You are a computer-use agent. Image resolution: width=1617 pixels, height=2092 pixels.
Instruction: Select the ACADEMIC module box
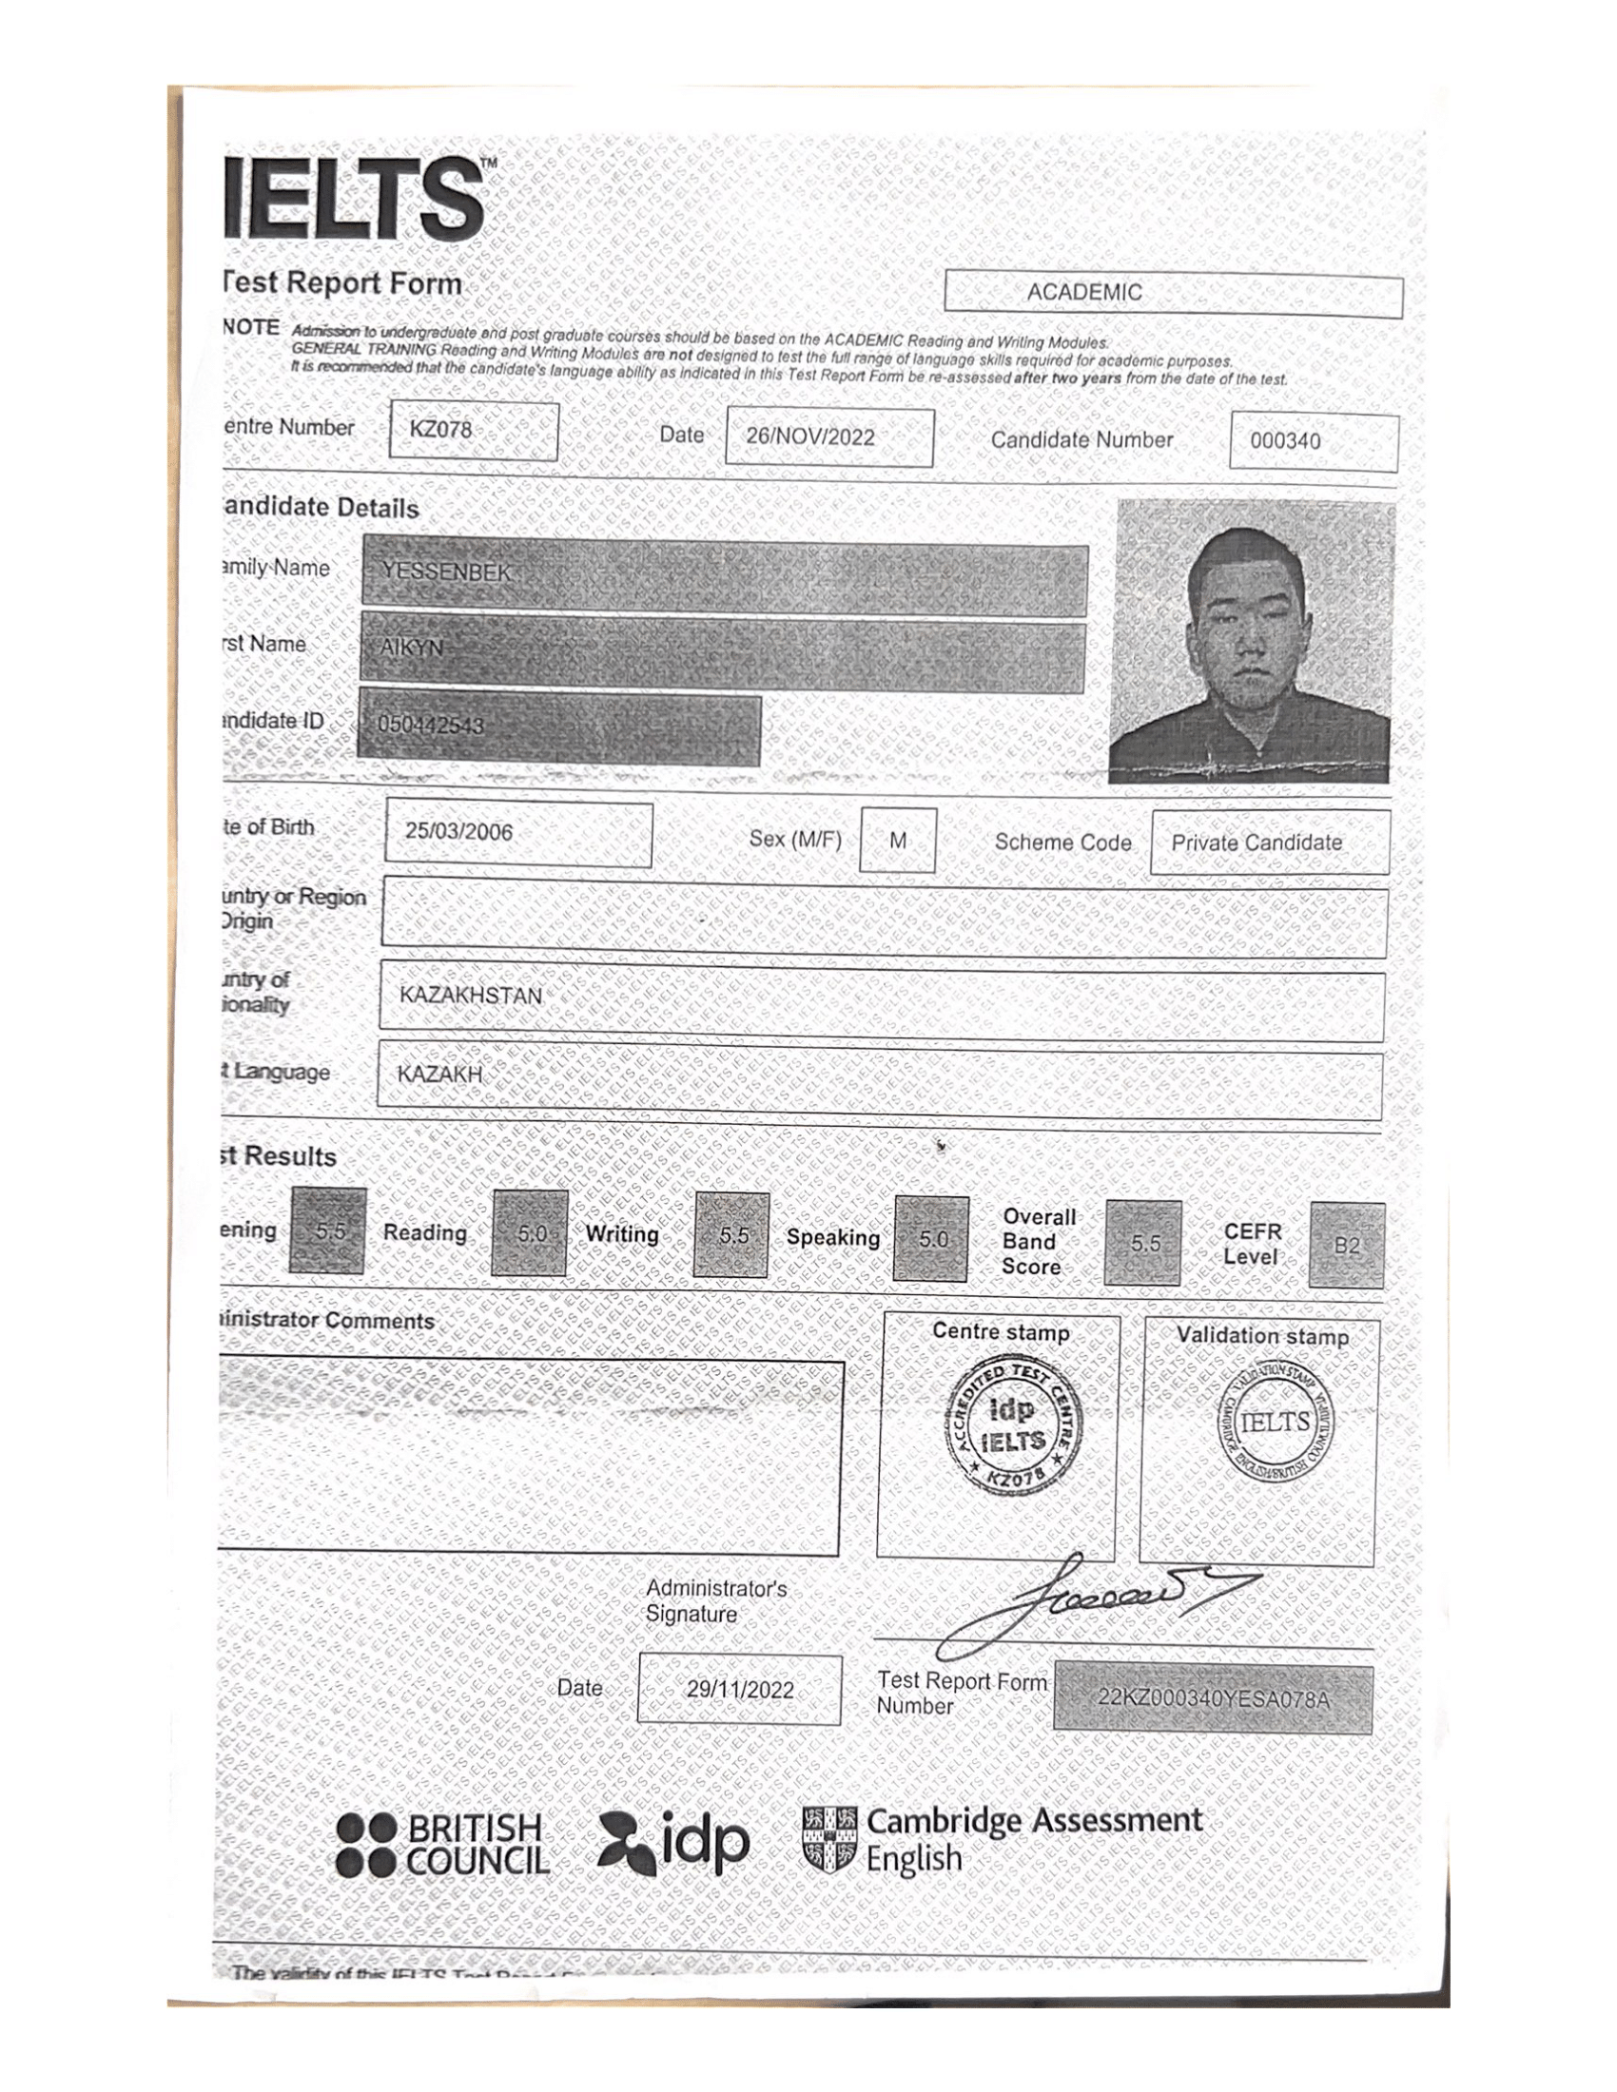(x=1173, y=293)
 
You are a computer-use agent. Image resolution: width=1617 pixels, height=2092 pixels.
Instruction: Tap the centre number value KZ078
(x=441, y=430)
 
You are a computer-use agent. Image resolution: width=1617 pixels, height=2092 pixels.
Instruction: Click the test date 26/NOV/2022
(x=810, y=437)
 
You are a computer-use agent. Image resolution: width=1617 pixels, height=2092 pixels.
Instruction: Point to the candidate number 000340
(x=1285, y=441)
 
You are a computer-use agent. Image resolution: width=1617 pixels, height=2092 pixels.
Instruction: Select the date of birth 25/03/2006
(x=458, y=831)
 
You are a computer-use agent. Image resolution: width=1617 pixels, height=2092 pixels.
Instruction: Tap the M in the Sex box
(x=898, y=841)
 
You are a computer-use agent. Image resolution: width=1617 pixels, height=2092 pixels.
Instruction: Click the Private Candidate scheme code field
(x=1256, y=843)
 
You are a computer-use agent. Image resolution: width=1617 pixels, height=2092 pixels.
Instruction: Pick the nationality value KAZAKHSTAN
(x=471, y=997)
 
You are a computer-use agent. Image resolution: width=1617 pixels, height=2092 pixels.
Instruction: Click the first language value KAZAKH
(x=440, y=1075)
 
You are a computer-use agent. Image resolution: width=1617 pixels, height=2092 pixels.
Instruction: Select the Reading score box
(x=530, y=1233)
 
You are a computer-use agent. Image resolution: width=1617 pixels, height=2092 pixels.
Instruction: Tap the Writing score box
(x=731, y=1235)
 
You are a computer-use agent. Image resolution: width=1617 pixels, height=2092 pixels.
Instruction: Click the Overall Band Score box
(x=1142, y=1243)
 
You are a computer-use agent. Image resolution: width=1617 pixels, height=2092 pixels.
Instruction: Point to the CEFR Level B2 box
(x=1346, y=1246)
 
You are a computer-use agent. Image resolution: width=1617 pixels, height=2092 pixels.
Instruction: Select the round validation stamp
(x=1274, y=1424)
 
